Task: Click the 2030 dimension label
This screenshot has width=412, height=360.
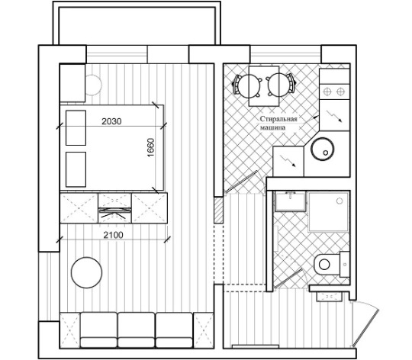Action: point(111,121)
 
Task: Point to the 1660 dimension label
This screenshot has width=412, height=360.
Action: point(151,148)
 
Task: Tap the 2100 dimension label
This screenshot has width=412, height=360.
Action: point(113,235)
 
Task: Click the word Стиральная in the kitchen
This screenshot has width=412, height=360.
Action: point(278,119)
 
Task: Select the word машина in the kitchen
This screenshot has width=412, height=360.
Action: point(272,127)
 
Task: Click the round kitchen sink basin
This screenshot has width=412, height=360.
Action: point(323,149)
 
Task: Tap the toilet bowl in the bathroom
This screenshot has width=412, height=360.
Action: point(327,264)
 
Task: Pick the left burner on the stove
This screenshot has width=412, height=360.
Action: point(327,92)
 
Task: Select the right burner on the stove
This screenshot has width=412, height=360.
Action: point(340,92)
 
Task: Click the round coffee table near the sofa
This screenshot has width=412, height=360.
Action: point(86,272)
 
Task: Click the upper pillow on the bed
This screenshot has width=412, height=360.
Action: point(76,127)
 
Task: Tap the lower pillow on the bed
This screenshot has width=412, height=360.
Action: point(76,169)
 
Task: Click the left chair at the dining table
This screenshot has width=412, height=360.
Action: point(247,86)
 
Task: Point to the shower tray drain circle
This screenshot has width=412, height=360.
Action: point(340,201)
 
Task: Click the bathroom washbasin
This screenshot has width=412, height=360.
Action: point(291,201)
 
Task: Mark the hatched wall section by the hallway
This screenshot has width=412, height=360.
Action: point(218,210)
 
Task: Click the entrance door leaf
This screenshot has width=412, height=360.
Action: point(365,327)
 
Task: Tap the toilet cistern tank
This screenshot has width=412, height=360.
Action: point(345,264)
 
